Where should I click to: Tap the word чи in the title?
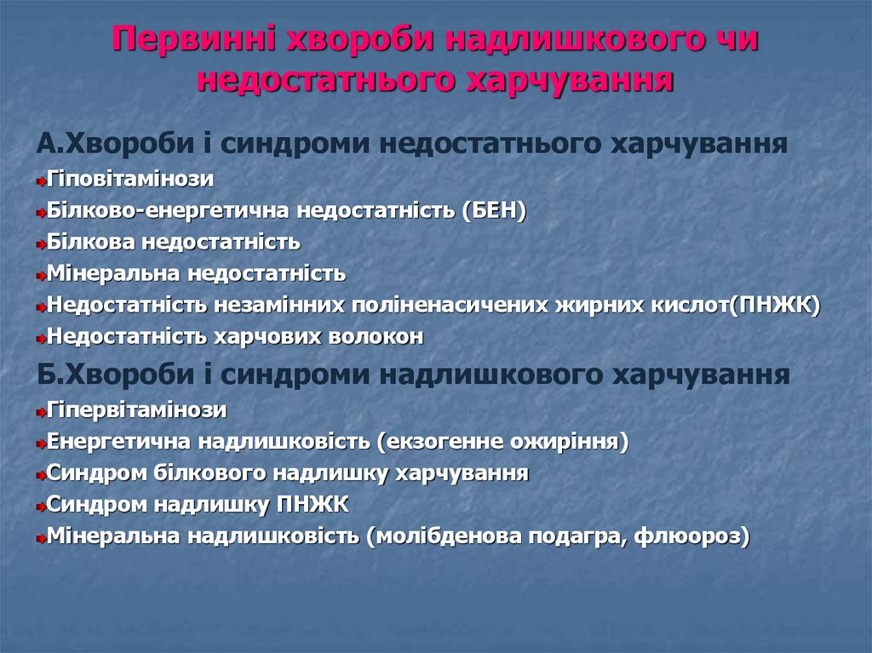pos(733,41)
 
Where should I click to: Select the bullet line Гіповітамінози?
pos(130,180)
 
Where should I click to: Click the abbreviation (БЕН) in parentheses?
pos(494,211)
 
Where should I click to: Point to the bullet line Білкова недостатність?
pos(174,243)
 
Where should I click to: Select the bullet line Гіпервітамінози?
pos(137,410)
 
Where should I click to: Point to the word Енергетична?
pos(119,442)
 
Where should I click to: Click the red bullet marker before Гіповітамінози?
pos(41,181)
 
